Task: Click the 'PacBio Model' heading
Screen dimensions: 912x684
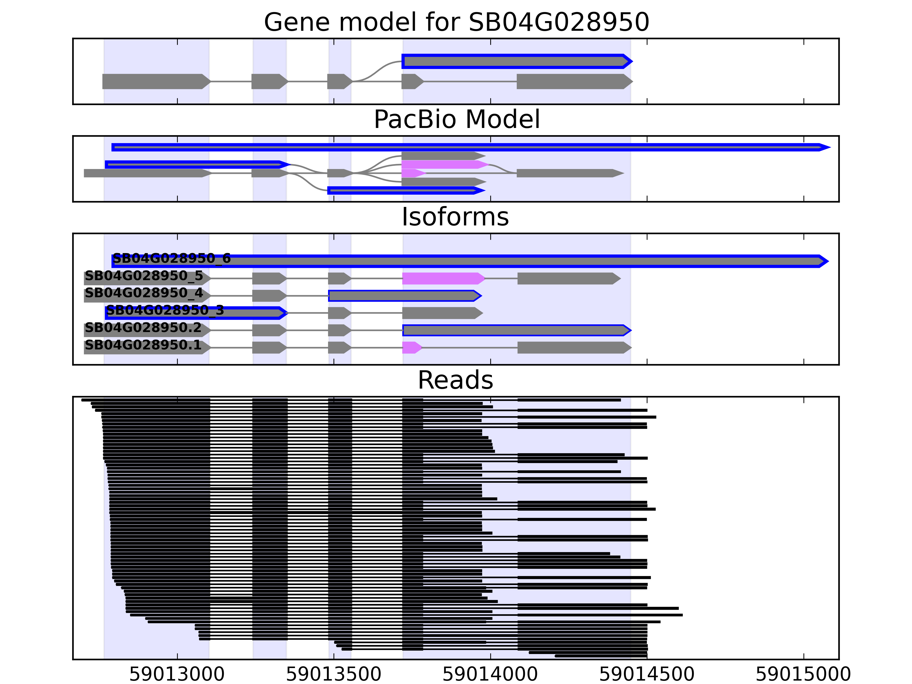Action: [456, 120]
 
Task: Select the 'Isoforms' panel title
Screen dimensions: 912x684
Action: [455, 217]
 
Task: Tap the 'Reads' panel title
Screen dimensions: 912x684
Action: [455, 380]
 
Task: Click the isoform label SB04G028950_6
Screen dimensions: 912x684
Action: [172, 258]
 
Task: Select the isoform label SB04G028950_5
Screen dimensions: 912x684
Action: [144, 276]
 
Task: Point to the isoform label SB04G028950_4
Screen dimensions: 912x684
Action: [144, 293]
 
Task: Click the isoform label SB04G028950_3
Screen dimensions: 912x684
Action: [165, 310]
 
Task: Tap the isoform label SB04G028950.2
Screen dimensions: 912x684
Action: [143, 328]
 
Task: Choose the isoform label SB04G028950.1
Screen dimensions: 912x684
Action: [143, 345]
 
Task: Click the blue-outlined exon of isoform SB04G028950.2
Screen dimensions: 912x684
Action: [517, 330]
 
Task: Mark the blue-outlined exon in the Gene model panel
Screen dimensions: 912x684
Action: [517, 62]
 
